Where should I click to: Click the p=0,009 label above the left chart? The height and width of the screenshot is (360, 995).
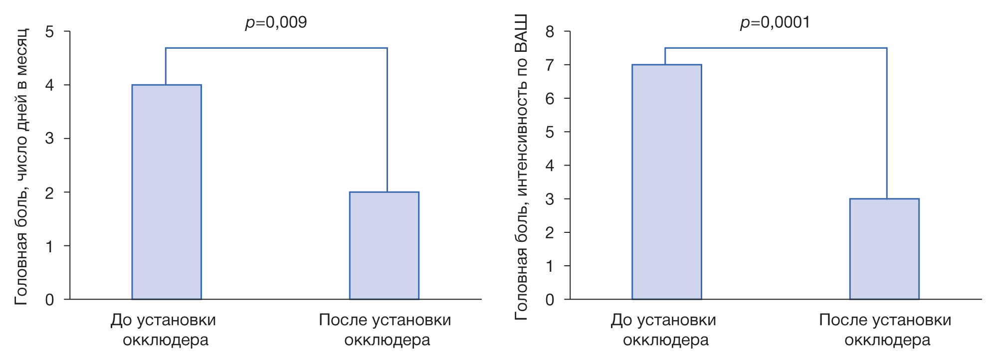point(276,22)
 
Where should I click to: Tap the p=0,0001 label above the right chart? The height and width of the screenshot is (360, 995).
point(775,22)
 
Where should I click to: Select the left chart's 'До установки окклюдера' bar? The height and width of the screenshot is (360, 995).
point(167,192)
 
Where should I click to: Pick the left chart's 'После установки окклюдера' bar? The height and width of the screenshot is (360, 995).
point(384,245)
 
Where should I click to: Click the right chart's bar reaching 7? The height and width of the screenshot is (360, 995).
point(666,182)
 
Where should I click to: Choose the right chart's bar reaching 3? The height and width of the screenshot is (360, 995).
point(884,249)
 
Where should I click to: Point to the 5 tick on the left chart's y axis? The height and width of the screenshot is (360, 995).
point(49,32)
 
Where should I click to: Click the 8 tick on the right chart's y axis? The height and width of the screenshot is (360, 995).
point(550,32)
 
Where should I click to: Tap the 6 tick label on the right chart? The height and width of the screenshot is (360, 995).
point(550,99)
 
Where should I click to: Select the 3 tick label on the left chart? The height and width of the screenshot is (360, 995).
point(49,139)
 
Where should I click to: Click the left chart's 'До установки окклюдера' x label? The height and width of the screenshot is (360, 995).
point(164,330)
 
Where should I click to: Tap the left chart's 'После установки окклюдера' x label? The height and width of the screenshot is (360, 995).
point(385,330)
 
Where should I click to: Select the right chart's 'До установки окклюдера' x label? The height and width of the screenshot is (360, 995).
point(664,330)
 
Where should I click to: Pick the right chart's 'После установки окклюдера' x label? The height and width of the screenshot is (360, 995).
point(885,330)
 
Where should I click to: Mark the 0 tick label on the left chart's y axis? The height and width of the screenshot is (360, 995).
point(49,300)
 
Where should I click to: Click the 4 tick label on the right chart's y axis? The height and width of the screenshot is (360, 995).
point(550,166)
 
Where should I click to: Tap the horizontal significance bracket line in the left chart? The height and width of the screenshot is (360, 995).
point(276,48)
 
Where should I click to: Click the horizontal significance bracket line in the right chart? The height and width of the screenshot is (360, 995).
point(776,48)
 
